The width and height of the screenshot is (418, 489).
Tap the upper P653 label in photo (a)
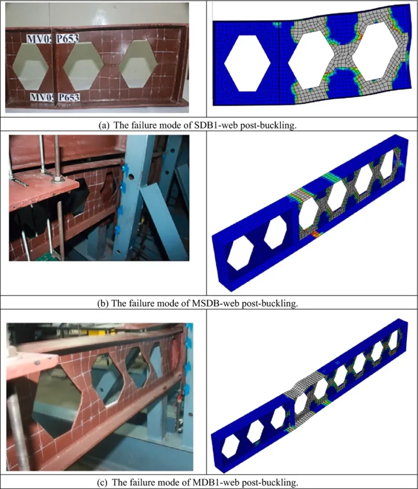[x=67, y=38]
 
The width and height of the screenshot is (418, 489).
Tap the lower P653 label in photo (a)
[x=69, y=97]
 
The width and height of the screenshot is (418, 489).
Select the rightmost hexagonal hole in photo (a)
[x=137, y=64]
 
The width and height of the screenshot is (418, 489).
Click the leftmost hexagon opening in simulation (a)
[x=247, y=64]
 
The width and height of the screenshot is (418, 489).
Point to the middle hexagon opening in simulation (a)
[x=311, y=60]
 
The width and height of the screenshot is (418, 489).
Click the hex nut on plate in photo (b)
[x=56, y=180]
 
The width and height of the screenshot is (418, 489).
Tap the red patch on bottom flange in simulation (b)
[x=316, y=234]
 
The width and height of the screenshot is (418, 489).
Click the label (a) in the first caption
[x=104, y=126]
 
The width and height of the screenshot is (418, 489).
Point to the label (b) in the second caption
[x=103, y=303]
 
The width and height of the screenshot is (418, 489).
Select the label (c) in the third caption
[x=103, y=482]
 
